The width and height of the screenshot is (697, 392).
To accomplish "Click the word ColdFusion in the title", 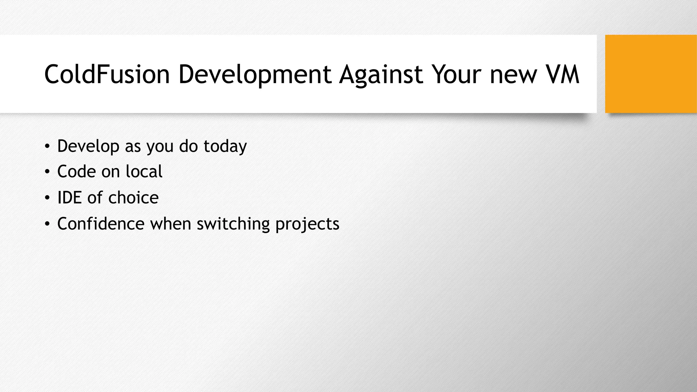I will pyautogui.click(x=107, y=74).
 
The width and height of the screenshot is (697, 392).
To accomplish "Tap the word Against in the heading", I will pyautogui.click(x=381, y=74).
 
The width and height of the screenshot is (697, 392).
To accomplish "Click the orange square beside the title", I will pyautogui.click(x=651, y=74).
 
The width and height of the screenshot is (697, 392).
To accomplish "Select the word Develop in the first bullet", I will pyautogui.click(x=88, y=146).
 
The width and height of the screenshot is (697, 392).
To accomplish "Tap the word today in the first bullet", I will pyautogui.click(x=225, y=146).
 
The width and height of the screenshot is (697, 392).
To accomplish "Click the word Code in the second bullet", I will pyautogui.click(x=77, y=171).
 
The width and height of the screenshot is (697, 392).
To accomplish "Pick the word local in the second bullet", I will pyautogui.click(x=144, y=171).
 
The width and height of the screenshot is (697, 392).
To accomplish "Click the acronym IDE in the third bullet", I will pyautogui.click(x=69, y=198).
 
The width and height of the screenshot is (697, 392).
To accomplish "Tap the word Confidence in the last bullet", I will pyautogui.click(x=101, y=224).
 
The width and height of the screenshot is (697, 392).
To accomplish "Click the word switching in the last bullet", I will pyautogui.click(x=233, y=224).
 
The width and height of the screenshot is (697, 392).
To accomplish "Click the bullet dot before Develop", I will pyautogui.click(x=47, y=147).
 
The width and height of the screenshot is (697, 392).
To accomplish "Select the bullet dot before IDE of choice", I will pyautogui.click(x=47, y=198).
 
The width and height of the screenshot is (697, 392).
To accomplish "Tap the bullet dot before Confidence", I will pyautogui.click(x=47, y=224).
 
